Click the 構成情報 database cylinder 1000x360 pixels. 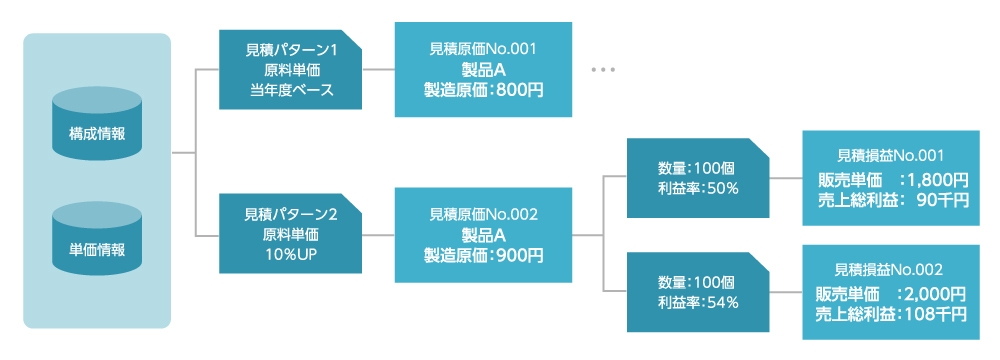[97, 123]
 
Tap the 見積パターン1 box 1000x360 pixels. [291, 70]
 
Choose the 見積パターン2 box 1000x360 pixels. [291, 235]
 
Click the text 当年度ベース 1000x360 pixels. [291, 90]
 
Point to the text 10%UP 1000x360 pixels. [291, 255]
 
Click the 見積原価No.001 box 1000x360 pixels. [484, 70]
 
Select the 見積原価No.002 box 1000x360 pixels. [484, 235]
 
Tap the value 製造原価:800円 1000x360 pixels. [484, 90]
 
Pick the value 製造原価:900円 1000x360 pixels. [484, 256]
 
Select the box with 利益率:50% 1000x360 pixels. [697, 178]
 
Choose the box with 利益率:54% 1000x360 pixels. [697, 293]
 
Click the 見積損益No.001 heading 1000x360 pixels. [890, 157]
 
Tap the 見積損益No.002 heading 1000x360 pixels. [890, 271]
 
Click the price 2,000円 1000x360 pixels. [934, 294]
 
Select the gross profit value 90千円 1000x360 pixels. [941, 199]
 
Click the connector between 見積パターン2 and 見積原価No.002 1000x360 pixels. [379, 235]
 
